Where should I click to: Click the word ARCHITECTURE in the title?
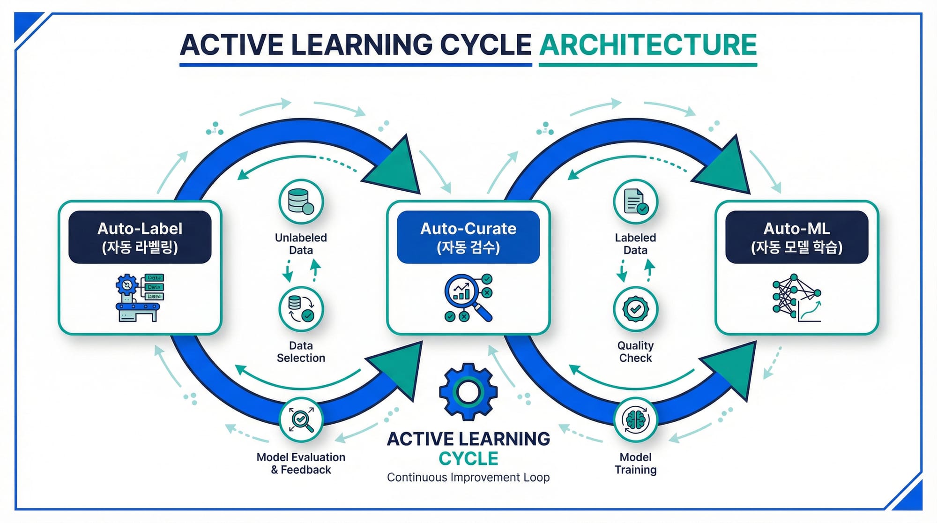pos(648,45)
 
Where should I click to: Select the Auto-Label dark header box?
pos(140,237)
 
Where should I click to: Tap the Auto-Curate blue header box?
pos(468,237)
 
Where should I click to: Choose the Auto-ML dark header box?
pos(796,237)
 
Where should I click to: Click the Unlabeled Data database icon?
pos(301,202)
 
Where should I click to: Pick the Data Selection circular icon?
pos(301,309)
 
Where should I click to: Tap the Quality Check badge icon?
pos(635,309)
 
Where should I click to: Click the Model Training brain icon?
pos(635,420)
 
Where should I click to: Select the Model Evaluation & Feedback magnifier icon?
pos(301,420)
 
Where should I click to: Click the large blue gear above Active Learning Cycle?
pos(468,392)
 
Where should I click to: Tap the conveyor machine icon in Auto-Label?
pos(140,298)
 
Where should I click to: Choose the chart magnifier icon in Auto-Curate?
pos(468,298)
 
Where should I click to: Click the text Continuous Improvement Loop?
pos(468,478)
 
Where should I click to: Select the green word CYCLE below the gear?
pos(468,458)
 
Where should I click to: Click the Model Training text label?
pos(635,463)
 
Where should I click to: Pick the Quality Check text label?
pos(635,351)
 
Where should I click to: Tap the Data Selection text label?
pos(301,351)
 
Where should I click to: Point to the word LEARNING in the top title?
pos(361,45)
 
